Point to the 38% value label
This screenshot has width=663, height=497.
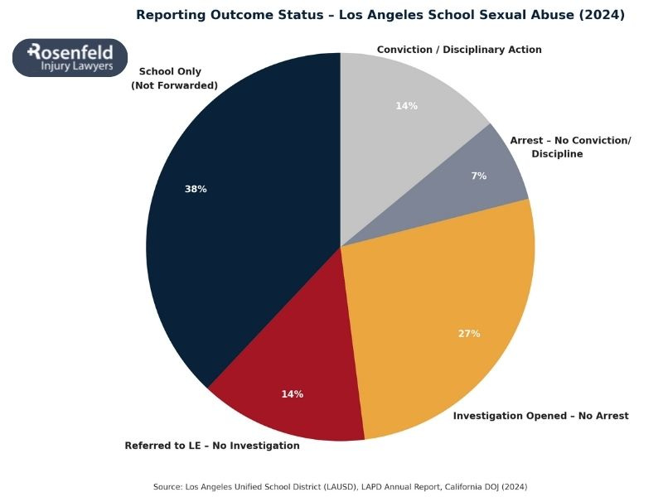point(196,189)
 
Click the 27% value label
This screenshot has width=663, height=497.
point(469,334)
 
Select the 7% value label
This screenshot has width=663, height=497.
point(479,176)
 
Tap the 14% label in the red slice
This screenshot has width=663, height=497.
point(292,394)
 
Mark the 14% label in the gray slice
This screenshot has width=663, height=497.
point(406,106)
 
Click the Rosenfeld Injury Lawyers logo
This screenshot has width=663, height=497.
point(70,58)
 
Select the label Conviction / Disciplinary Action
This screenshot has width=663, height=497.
point(459,50)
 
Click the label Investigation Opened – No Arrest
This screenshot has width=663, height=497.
point(540,416)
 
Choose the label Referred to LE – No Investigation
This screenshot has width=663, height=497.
point(212,446)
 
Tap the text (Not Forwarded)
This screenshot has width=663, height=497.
point(174,85)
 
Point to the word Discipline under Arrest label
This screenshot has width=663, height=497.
point(557,154)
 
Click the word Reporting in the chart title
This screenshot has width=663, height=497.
point(169,15)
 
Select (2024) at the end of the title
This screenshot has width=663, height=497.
point(604,15)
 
